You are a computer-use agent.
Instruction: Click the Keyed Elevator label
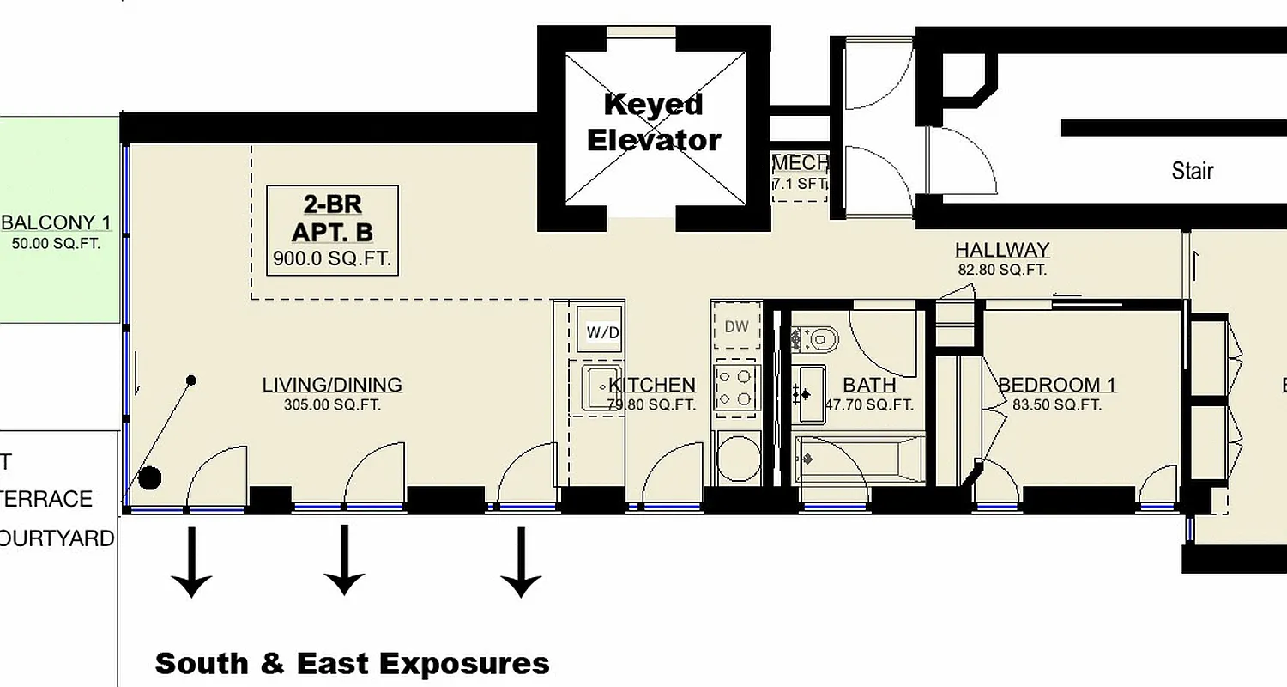[654, 122]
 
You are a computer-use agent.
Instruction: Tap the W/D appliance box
[599, 331]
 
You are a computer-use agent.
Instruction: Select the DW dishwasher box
[736, 326]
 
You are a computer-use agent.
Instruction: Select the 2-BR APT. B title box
[332, 230]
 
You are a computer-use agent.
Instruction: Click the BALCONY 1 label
[57, 223]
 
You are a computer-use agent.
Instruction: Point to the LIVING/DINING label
[332, 385]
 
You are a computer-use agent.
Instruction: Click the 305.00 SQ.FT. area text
[332, 405]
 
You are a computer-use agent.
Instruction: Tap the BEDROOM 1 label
[1057, 385]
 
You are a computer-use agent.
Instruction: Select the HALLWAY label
[1002, 250]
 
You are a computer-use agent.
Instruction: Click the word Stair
[1192, 171]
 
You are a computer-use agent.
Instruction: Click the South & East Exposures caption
[352, 664]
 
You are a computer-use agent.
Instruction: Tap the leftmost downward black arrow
[191, 562]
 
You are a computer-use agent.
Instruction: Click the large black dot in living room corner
[150, 478]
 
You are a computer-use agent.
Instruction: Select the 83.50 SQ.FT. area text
[1057, 405]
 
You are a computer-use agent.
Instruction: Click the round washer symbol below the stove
[737, 458]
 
